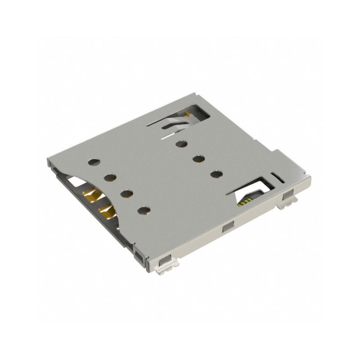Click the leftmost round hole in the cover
[x=94, y=162]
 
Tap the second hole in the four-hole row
[x=110, y=178]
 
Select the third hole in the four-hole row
[x=126, y=193]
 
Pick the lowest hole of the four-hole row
[x=144, y=210]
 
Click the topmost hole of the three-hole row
[x=181, y=144]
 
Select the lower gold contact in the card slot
[x=105, y=210]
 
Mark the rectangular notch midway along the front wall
[x=227, y=228]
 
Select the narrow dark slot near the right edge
[x=278, y=176]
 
